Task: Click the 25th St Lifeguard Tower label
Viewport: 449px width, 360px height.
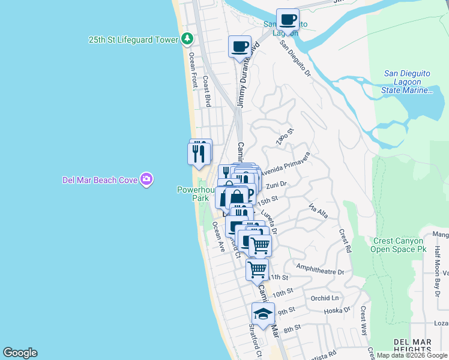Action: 133,40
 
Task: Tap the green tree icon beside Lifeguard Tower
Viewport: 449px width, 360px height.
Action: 187,39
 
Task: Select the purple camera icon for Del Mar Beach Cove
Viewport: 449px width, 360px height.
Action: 146,179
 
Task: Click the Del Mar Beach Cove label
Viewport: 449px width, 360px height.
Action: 100,179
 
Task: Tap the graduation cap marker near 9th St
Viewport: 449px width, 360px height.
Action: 262,313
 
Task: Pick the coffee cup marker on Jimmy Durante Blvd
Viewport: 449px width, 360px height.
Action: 240,46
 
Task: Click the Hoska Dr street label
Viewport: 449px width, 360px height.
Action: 337,310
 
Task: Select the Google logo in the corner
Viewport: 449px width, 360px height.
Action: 20,353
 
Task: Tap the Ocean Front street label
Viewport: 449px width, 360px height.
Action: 193,69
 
